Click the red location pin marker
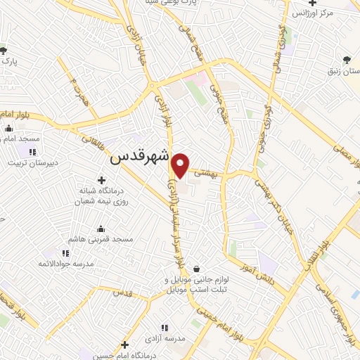(181, 165)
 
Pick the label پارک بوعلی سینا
(209, 4)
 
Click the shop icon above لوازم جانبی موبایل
(195, 269)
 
